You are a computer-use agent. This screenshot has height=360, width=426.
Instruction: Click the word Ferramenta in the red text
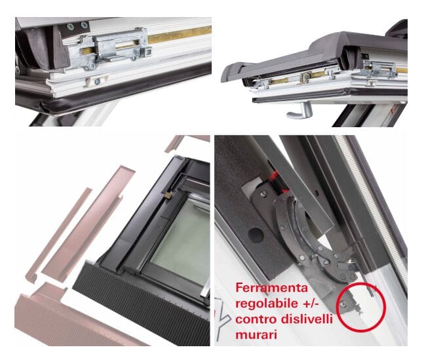coord(271,288)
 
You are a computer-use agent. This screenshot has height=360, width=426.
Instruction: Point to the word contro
coord(256,319)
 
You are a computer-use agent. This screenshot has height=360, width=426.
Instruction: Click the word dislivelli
coord(307,319)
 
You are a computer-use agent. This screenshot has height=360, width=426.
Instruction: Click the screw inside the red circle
coord(343,304)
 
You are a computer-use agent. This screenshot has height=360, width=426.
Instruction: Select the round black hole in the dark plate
coord(256,235)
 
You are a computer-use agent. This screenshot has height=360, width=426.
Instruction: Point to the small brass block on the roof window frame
coord(168,195)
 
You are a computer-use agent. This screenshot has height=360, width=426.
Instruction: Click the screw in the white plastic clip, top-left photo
coord(97,81)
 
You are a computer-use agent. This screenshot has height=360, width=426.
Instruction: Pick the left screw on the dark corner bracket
coord(70,27)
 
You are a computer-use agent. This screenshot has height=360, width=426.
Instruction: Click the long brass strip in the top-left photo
coord(180,35)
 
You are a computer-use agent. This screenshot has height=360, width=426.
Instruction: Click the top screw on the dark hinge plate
coord(263,193)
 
